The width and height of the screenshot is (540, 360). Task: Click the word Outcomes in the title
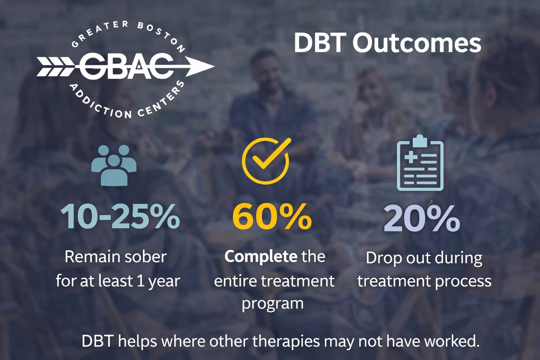[x=417, y=43]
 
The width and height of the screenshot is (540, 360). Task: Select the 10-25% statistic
[x=120, y=217]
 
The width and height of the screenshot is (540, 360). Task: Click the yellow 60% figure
[x=272, y=217]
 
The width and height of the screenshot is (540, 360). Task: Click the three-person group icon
[x=114, y=165]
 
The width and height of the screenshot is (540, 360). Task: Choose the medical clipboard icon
[x=420, y=163]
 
